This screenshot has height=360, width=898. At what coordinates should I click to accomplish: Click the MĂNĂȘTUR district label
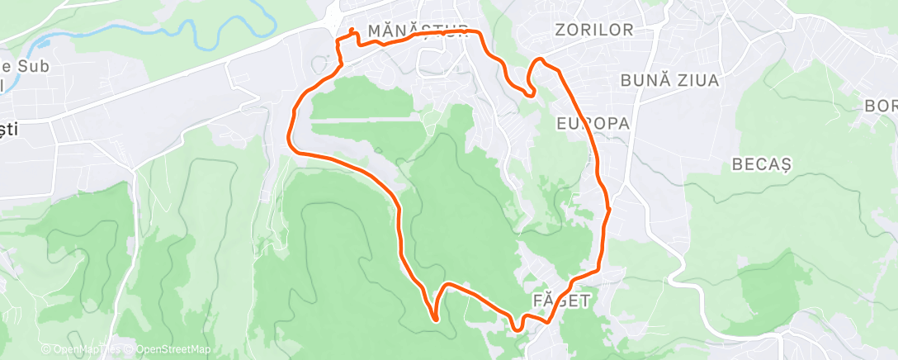[418, 31]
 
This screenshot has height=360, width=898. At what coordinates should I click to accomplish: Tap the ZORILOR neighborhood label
[594, 31]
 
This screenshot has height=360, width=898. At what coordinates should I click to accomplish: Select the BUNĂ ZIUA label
[669, 81]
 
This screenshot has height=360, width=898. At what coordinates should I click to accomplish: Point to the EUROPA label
[593, 123]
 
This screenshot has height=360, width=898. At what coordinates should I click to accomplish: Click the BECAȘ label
[761, 163]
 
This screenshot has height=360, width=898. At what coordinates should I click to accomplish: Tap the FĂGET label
[561, 300]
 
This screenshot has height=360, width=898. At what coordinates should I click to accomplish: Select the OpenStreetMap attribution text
[174, 349]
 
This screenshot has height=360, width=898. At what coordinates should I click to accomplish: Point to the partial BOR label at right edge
[880, 106]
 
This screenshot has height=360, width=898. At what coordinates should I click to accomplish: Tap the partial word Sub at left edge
[18, 65]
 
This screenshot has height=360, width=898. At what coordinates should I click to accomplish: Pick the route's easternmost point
[609, 210]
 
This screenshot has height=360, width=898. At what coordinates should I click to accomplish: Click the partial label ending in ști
[10, 130]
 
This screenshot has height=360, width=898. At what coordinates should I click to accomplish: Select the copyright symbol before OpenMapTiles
[46, 349]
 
